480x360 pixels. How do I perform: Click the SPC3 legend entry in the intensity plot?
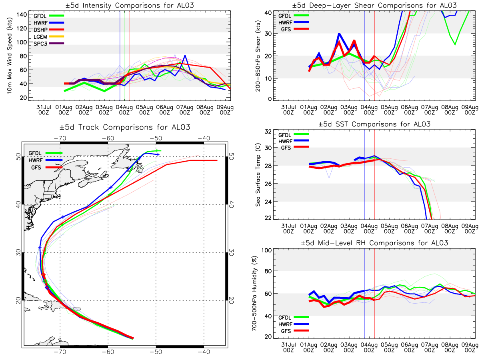pos(48,44)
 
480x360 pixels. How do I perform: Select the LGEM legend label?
pos(40,37)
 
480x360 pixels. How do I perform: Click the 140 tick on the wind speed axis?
pos(22,15)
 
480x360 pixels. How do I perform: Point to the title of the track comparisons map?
pos(125,127)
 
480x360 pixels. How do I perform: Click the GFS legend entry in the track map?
pos(46,168)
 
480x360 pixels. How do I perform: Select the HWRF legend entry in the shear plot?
pos(294,22)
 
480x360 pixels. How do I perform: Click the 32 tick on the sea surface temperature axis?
pos(268,132)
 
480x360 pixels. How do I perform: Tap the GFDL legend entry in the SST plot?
pos(294,135)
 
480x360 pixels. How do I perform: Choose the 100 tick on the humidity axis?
pos(266,250)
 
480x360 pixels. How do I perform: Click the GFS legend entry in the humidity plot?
pos(295,331)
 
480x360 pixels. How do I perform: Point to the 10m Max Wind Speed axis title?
pos(10,56)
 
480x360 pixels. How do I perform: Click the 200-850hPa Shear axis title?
pos(258,56)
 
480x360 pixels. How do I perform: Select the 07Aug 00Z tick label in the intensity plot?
pos(185,110)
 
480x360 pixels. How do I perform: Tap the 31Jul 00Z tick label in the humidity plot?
pos(288,348)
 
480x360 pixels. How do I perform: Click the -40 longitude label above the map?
pos(204,138)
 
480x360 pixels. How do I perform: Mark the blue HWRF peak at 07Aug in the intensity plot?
pos(185,55)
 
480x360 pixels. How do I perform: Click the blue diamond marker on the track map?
pos(47,288)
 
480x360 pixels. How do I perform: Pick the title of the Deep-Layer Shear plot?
pos(374,5)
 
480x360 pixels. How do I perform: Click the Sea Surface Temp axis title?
pos(258,175)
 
